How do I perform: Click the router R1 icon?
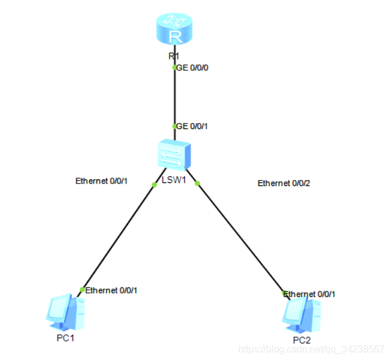coord(175,31)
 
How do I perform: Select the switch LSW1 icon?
coord(173,155)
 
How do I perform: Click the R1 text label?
coord(174,56)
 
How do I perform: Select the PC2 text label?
coord(302,340)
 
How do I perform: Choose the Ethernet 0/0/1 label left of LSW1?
coord(102,180)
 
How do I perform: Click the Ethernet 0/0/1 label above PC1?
coord(112,290)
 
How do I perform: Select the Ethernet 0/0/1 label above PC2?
coord(309,294)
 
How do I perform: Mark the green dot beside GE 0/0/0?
coord(175,68)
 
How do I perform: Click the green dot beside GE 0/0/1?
coord(175,126)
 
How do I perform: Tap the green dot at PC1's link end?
coord(82,290)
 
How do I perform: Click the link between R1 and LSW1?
coord(175,96)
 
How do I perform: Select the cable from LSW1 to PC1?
coord(118,237)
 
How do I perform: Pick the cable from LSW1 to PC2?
coord(240,237)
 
